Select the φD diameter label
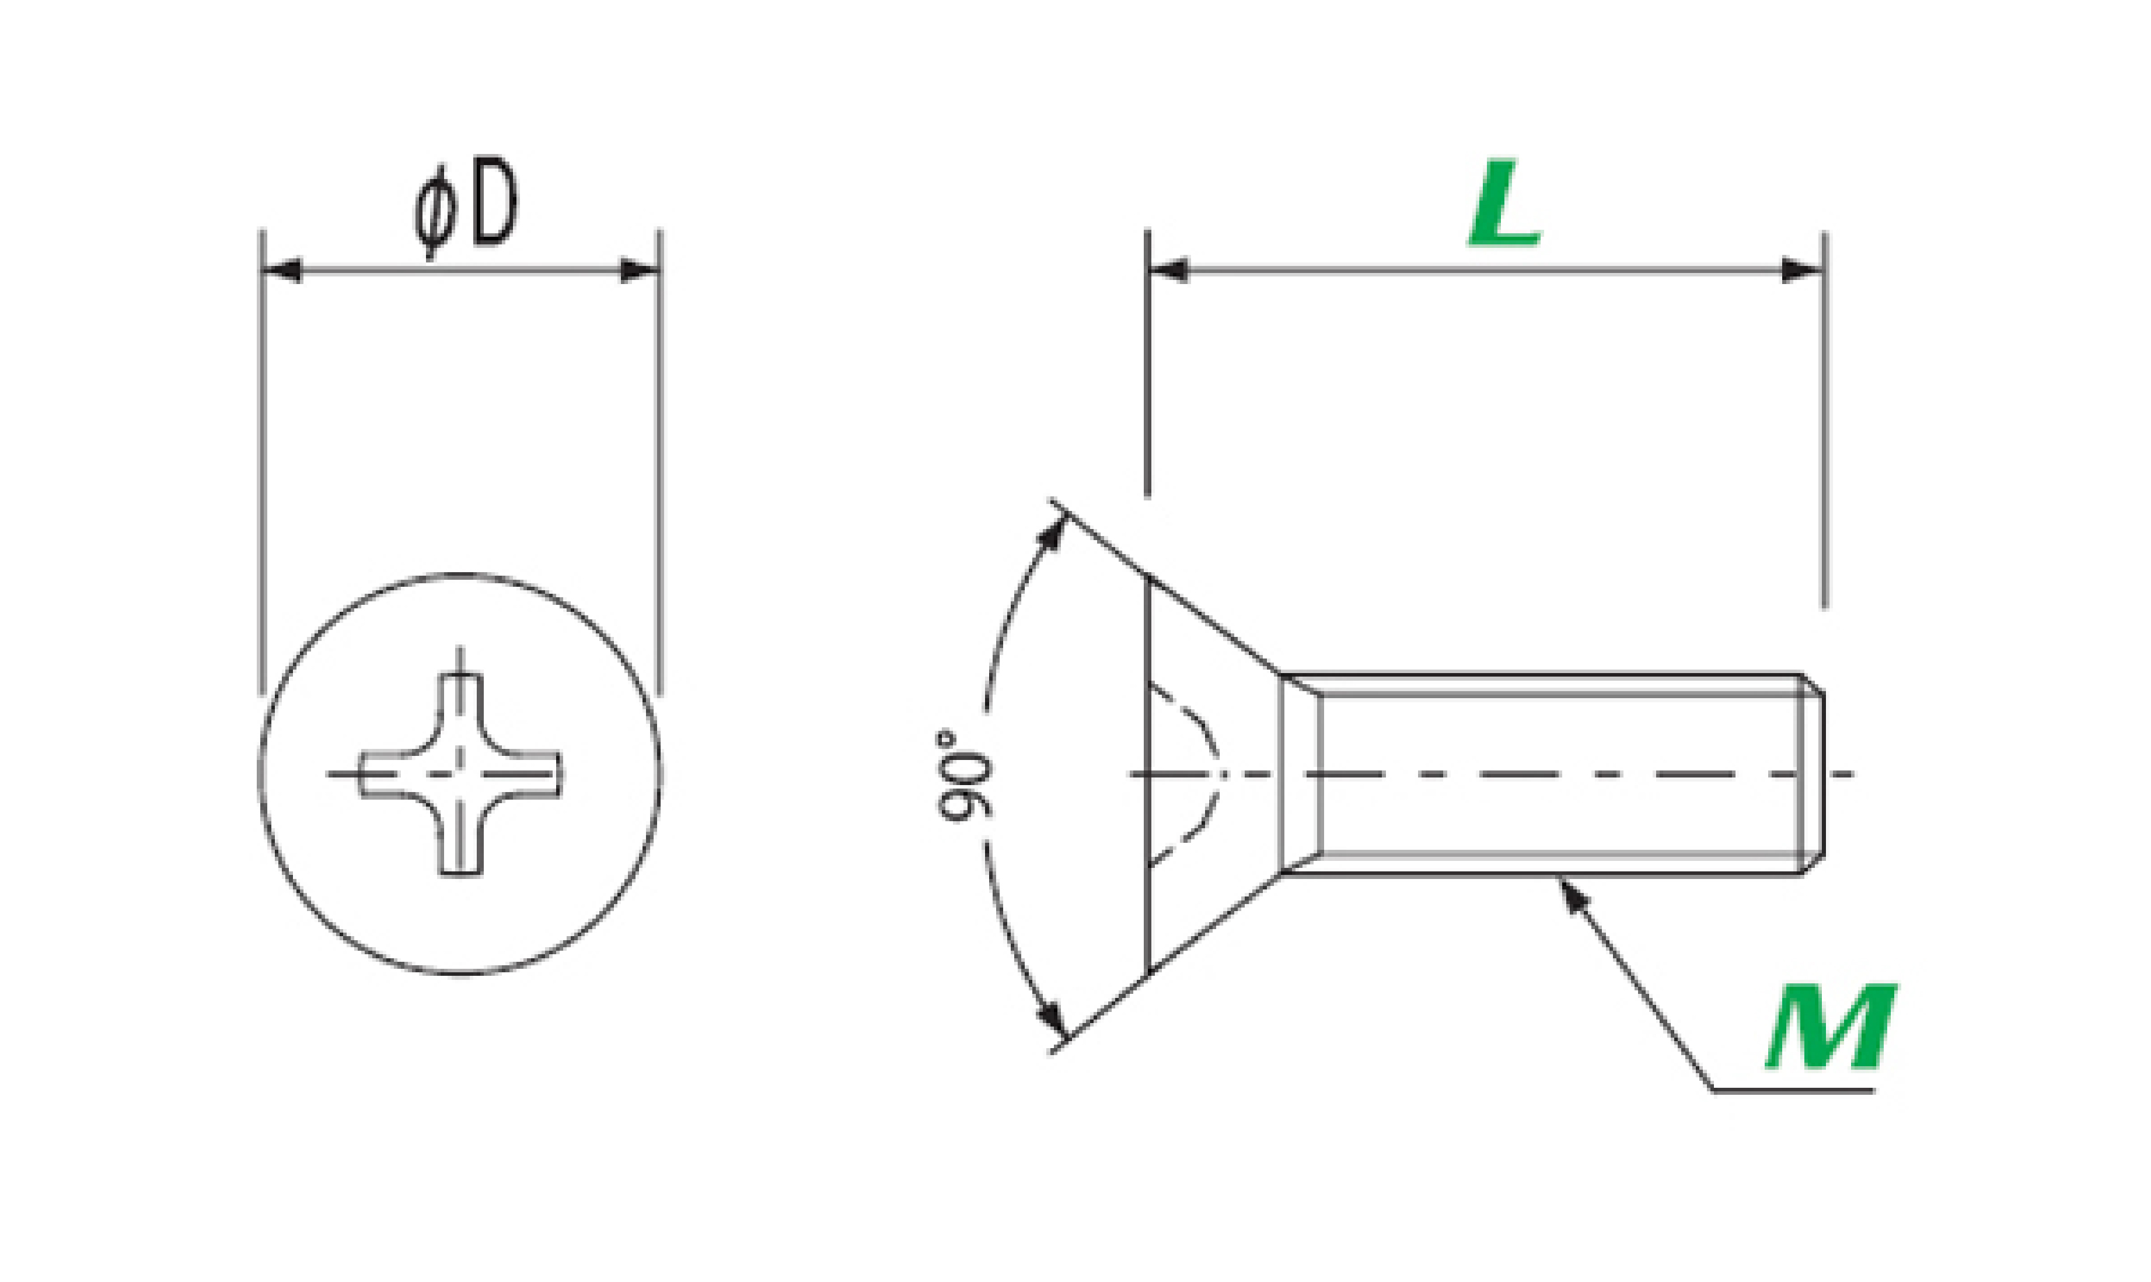point(466,207)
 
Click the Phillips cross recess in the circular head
point(460,774)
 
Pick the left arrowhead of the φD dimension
point(282,271)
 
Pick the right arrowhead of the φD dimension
point(640,271)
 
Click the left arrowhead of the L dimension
point(1168,271)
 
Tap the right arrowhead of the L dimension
point(1803,271)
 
